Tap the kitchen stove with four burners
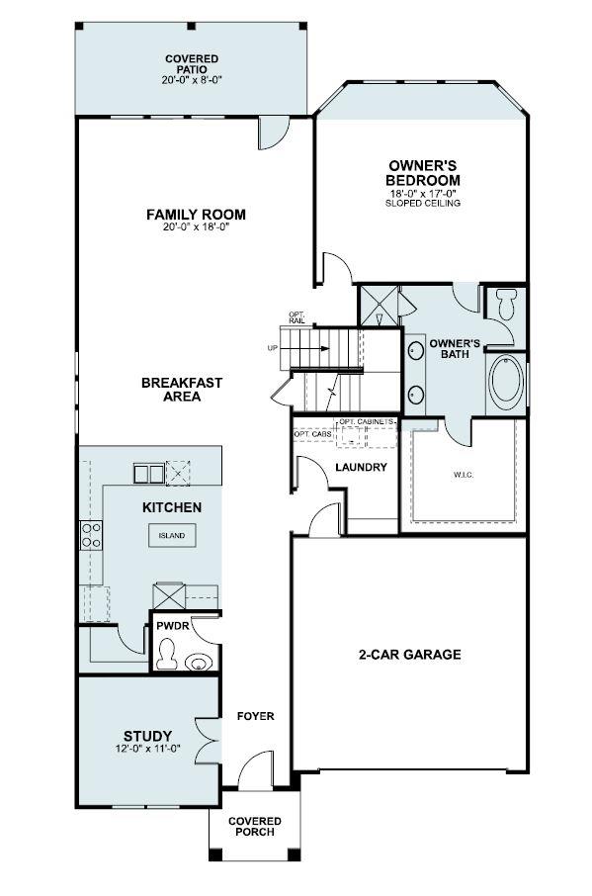pyautogui.click(x=90, y=535)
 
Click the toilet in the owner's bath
pyautogui.click(x=506, y=303)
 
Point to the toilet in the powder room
pyautogui.click(x=168, y=653)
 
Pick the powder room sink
pyautogui.click(x=201, y=662)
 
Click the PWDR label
pyautogui.click(x=166, y=626)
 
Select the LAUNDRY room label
pyautogui.click(x=361, y=467)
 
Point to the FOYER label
pyautogui.click(x=255, y=716)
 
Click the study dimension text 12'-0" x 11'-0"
pyautogui.click(x=147, y=749)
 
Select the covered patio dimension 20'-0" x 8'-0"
pyautogui.click(x=192, y=81)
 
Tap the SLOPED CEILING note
pyautogui.click(x=423, y=203)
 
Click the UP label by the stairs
pyautogui.click(x=272, y=348)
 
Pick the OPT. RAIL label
pyautogui.click(x=296, y=317)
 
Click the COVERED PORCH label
pyautogui.click(x=255, y=827)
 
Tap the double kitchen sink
pyautogui.click(x=149, y=474)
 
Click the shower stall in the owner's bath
pyautogui.click(x=379, y=305)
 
